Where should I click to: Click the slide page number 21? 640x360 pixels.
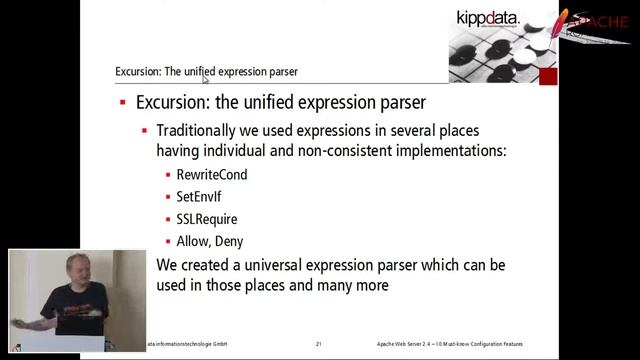(318, 344)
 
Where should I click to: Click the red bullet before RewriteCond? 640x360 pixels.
(167, 175)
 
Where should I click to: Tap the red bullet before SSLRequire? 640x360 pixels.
(167, 219)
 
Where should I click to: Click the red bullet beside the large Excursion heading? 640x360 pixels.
(122, 103)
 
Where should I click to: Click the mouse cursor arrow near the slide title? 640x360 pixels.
(206, 77)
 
